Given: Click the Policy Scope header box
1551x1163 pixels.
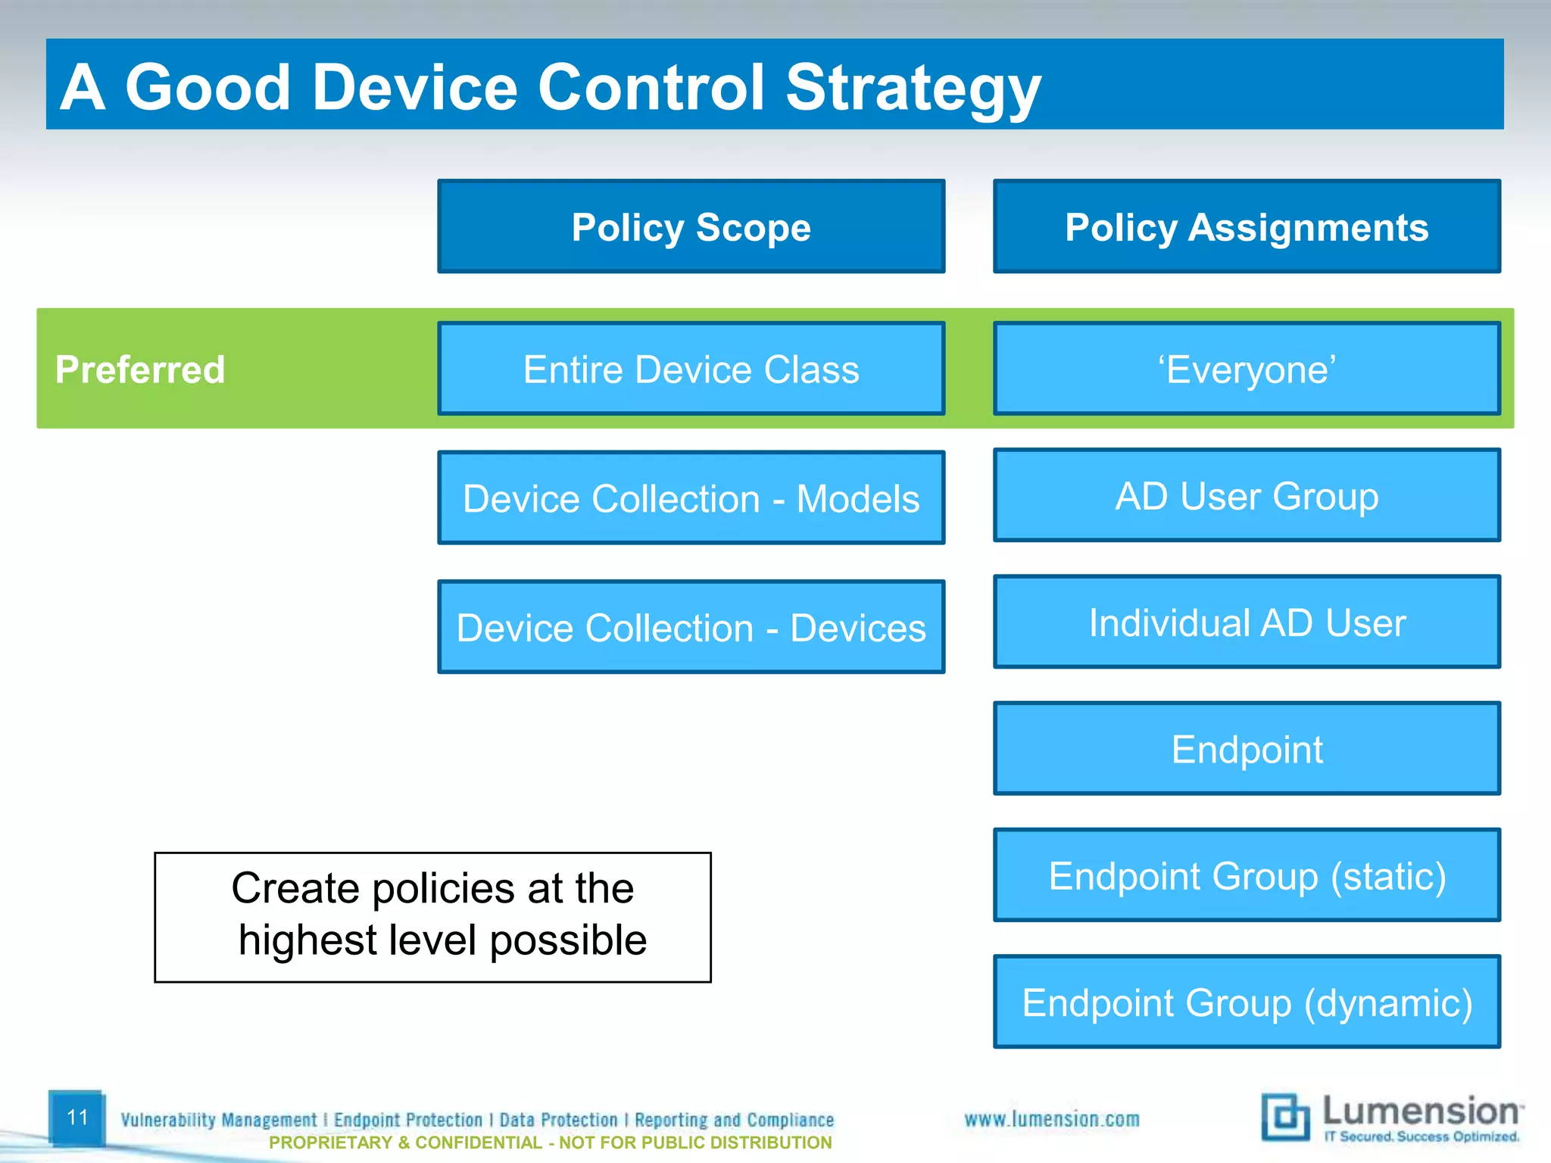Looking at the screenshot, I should [x=691, y=226].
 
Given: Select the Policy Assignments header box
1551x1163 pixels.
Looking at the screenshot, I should [x=1247, y=226].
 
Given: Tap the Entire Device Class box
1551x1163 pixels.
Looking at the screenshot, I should [x=691, y=369].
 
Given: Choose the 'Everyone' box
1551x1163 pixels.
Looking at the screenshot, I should [x=1247, y=369].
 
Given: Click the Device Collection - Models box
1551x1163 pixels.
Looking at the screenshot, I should [x=691, y=497].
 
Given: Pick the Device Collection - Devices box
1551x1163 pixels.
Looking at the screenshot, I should [x=691, y=627].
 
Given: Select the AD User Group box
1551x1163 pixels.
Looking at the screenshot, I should [x=1247, y=495].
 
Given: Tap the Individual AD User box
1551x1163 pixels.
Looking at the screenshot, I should [x=1247, y=622].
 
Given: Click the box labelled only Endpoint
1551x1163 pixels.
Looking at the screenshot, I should [x=1247, y=748].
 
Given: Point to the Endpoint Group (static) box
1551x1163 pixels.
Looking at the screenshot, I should [x=1247, y=875].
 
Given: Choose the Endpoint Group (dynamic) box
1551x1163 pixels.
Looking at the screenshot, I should [x=1247, y=1001].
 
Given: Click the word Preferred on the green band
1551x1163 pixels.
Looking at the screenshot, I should [x=140, y=369].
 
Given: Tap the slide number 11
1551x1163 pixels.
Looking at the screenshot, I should [x=77, y=1117].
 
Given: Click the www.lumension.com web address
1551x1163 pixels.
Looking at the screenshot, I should [x=1051, y=1118].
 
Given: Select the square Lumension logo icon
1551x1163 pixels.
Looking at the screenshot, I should [x=1284, y=1116].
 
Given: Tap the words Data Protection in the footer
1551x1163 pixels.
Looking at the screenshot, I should [x=558, y=1119].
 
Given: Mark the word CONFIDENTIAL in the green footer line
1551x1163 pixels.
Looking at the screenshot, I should [x=479, y=1143].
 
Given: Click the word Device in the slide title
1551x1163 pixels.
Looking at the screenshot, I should [x=414, y=87].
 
